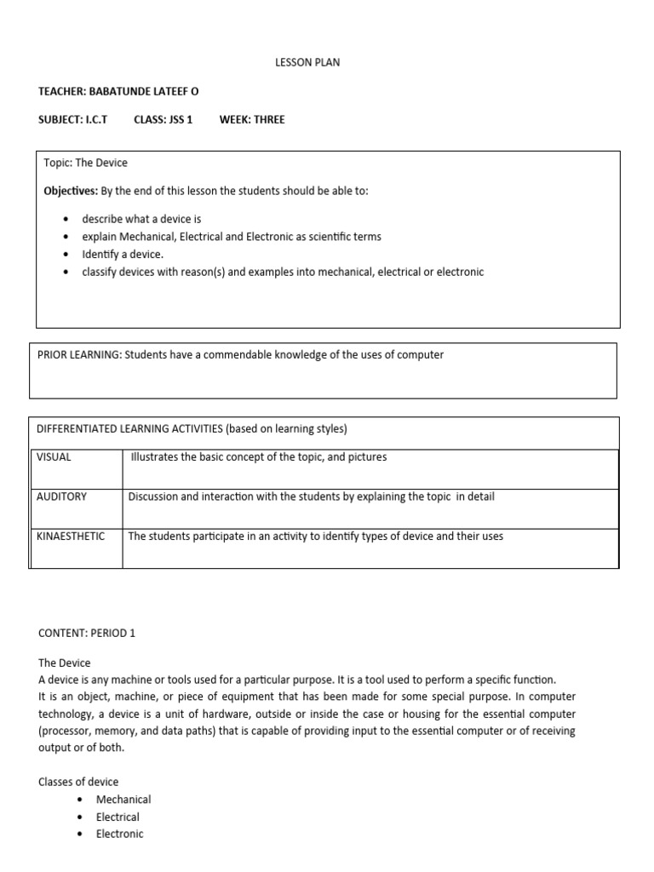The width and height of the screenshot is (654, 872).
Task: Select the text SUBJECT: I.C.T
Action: [72, 119]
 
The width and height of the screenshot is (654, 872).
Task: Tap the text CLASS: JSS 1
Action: [163, 119]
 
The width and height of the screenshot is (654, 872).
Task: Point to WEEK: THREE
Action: [252, 119]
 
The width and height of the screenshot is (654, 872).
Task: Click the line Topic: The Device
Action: [85, 163]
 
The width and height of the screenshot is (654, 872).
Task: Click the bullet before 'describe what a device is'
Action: [66, 220]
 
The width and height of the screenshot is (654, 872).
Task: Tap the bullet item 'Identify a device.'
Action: [123, 254]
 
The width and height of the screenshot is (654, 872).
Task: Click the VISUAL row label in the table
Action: [54, 457]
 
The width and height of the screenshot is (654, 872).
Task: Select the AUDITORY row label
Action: [61, 496]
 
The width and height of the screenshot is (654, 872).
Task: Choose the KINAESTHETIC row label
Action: [72, 536]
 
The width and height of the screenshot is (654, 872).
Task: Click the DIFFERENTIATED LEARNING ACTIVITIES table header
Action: [192, 428]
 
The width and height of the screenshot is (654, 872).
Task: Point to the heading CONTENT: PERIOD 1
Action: [87, 634]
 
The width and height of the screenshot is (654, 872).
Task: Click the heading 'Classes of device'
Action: [78, 782]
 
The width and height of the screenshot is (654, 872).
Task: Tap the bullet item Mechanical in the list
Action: [123, 800]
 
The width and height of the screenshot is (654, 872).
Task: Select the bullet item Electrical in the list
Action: [118, 817]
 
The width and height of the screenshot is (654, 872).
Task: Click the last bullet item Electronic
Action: [120, 834]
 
